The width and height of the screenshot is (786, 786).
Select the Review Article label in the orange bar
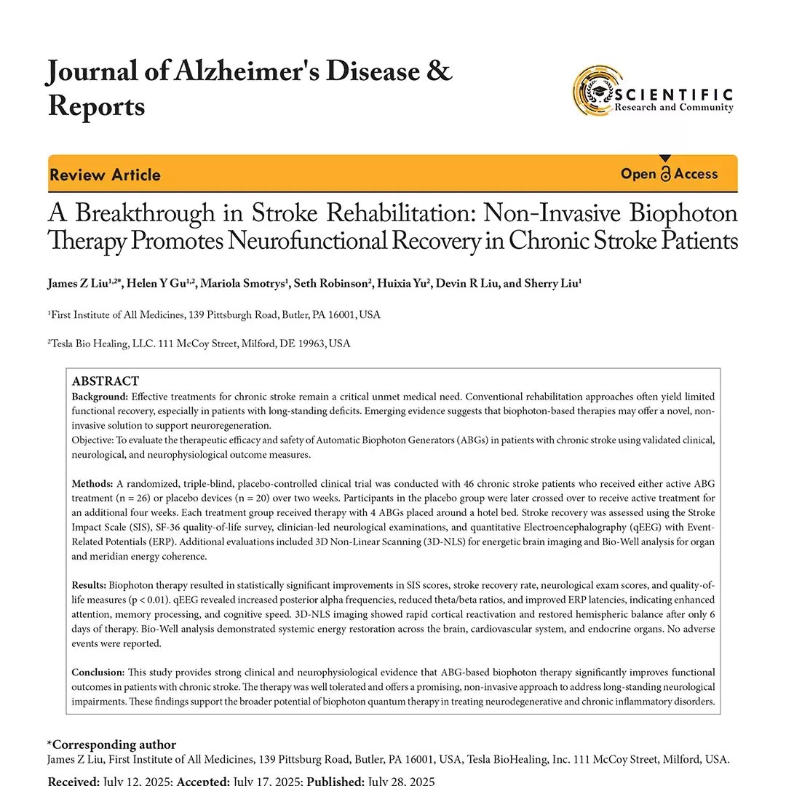click(x=105, y=175)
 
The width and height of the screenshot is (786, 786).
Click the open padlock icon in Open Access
click(x=665, y=174)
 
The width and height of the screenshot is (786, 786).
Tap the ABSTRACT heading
click(x=105, y=381)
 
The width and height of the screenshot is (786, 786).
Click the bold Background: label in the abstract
click(x=100, y=397)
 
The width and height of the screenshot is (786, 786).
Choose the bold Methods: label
click(x=92, y=484)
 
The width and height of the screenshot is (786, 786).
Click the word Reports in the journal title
click(x=96, y=106)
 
